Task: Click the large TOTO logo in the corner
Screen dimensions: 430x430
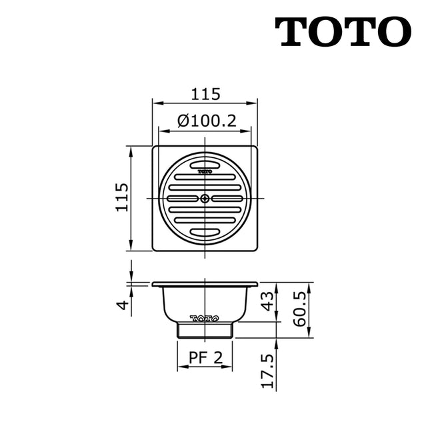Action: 343,31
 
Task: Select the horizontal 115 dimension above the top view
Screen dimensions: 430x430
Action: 205,94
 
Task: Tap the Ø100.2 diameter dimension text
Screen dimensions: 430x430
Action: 204,121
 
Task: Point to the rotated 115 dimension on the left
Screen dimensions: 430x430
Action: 121,197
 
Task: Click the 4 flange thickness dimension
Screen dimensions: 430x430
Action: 121,305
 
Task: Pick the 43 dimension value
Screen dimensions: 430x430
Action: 267,301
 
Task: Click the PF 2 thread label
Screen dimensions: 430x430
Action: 205,358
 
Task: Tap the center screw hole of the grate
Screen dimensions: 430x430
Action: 205,199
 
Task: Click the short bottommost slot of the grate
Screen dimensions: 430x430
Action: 205,232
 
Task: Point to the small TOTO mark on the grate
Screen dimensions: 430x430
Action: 205,171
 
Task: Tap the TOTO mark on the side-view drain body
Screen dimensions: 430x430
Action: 204,318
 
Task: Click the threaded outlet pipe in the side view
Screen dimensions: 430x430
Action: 205,330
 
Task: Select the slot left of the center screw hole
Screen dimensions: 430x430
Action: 183,199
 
